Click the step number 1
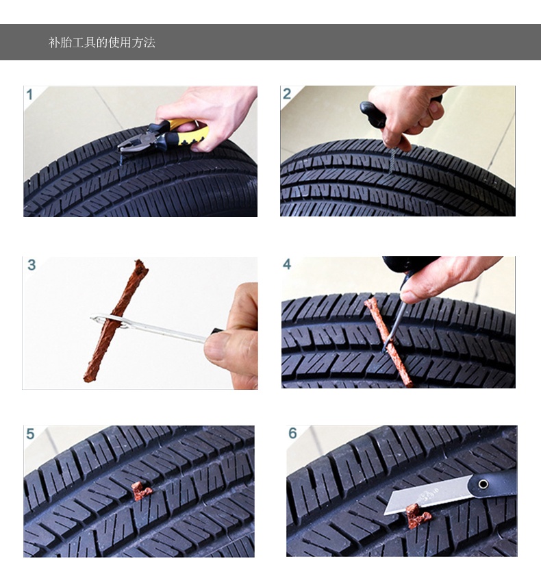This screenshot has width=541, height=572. point(29,95)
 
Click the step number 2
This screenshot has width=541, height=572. point(287,94)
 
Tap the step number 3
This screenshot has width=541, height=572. point(32,265)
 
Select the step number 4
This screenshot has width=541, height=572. point(287,264)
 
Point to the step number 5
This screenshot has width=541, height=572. point(30,434)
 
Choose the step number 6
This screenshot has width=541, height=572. point(292,434)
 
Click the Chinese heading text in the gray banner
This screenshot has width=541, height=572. point(102,42)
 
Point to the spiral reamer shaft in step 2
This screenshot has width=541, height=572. point(392,160)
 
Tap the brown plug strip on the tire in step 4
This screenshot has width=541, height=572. point(388,341)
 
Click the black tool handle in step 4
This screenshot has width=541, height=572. point(409,265)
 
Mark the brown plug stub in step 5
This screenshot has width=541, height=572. point(141,491)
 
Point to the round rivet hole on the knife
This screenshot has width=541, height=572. point(483,484)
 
